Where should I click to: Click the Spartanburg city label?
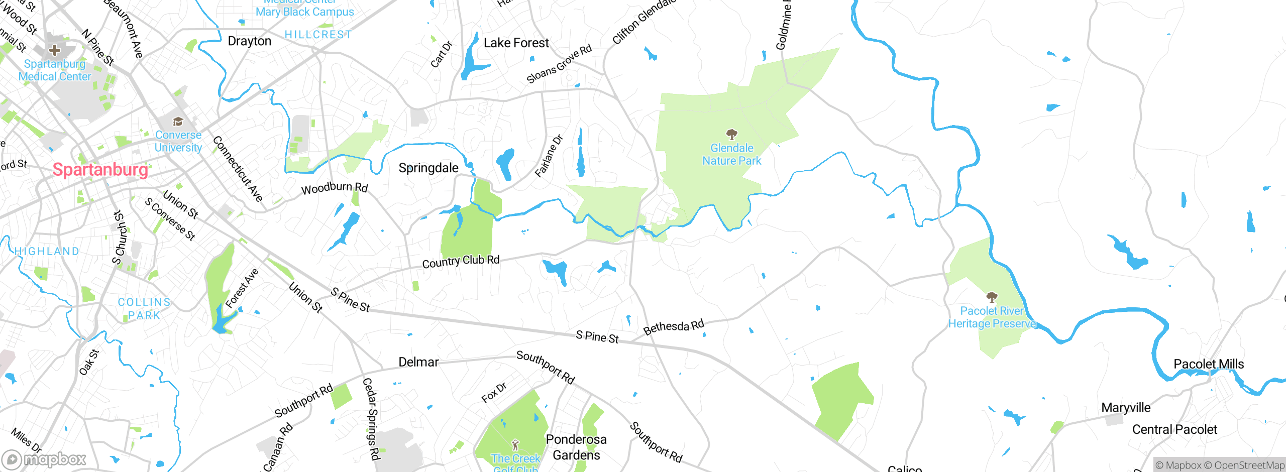coord(100,170)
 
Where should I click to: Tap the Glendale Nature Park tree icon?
coord(731,134)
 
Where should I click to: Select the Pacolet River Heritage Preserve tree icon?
coord(992,297)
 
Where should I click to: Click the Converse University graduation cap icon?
coord(178,122)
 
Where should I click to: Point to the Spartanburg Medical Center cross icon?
coord(55,50)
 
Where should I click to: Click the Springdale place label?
coord(428,168)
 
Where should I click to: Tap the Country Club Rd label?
coord(461,261)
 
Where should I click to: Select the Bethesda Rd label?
coord(674,327)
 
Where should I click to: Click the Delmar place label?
coord(418,362)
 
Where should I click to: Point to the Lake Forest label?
coord(516,43)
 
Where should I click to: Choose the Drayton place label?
coord(249,41)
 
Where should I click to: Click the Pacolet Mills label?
coord(1208,364)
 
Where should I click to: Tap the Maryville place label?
coord(1126,407)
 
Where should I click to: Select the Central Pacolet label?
coord(1174,429)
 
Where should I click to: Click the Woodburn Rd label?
coord(335,188)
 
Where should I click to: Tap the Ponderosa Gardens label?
coord(576,447)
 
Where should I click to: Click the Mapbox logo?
coord(44,459)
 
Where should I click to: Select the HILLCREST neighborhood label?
coord(318,35)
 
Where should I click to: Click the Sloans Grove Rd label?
coord(559,64)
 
